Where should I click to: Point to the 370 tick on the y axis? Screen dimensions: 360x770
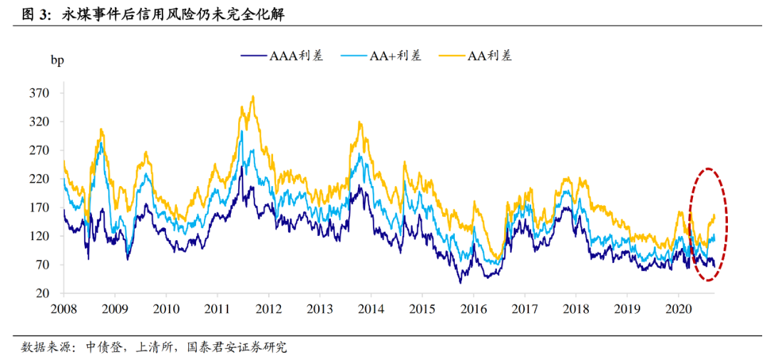pos(39,93)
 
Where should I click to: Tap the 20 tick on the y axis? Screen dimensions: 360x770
pos(42,294)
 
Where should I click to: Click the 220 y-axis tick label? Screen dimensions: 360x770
pos(39,179)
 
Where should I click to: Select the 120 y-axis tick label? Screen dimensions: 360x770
pos(39,237)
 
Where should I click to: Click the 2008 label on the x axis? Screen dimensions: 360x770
pos(63,309)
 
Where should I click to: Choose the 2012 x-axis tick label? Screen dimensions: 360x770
pos(268,309)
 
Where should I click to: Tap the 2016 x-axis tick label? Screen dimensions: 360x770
pos(473,309)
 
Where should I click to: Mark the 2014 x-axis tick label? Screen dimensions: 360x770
pos(370,309)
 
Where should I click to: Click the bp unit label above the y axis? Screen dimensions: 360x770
pos(57,60)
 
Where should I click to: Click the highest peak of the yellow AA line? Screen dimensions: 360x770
pos(253,96)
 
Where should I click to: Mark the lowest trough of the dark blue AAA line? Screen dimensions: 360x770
pos(460,282)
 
